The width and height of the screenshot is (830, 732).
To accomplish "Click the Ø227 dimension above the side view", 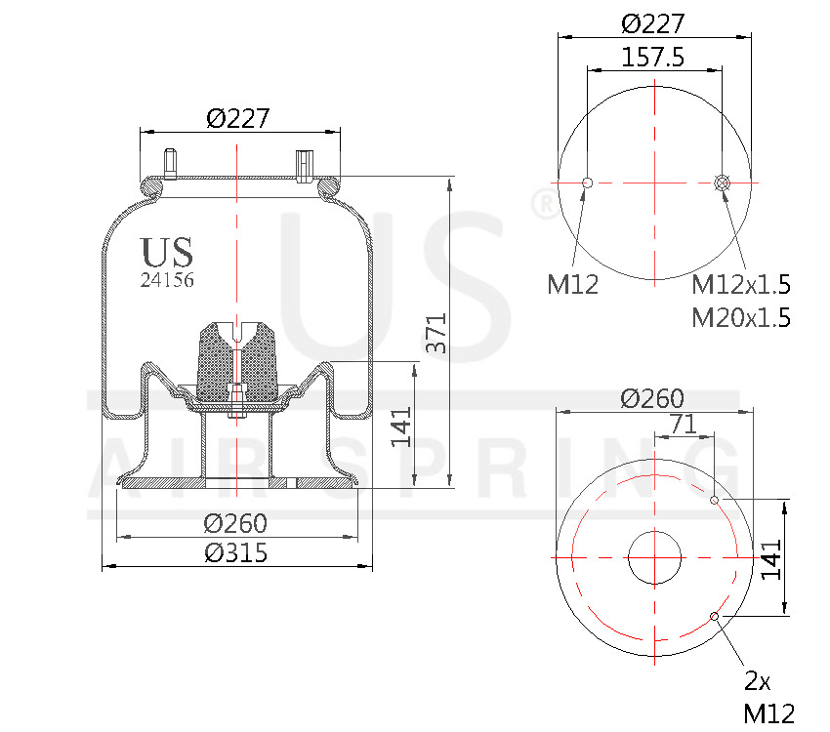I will tap(237, 118).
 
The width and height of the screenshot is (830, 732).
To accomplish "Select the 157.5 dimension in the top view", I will tap(652, 58).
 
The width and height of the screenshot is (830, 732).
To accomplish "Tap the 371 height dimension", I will tap(438, 333).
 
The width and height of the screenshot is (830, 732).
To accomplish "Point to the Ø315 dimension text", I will tap(235, 552).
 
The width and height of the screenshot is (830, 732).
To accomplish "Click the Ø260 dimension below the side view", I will tap(235, 524).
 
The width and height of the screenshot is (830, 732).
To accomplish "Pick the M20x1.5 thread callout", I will tap(740, 317).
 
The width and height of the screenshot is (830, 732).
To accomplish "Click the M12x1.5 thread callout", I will tap(740, 285).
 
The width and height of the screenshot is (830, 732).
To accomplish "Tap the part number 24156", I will tap(167, 280).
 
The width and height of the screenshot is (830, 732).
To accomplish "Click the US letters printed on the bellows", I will tap(167, 253).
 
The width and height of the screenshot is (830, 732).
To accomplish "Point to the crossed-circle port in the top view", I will tap(723, 183).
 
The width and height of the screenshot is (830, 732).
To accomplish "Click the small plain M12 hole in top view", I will tap(587, 183).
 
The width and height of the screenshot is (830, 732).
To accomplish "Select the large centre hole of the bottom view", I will tap(654, 558).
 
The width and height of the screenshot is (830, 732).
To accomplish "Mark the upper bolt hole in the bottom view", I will tap(714, 500).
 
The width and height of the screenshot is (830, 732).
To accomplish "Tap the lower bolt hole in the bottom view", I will tap(715, 616).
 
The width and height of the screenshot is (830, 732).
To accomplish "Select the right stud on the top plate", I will tap(304, 163).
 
